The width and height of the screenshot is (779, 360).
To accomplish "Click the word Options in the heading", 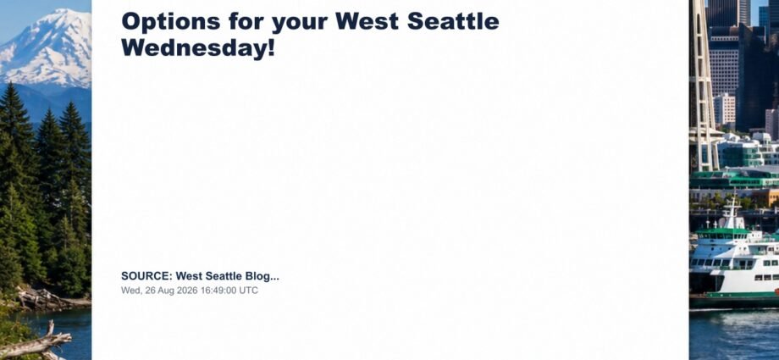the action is (170, 22).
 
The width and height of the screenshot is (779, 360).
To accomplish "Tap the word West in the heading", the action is (367, 21).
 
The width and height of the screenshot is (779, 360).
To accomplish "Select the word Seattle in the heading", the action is (453, 21).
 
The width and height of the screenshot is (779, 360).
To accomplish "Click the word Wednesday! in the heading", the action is (198, 48).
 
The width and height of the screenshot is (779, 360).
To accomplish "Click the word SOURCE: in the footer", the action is (146, 276).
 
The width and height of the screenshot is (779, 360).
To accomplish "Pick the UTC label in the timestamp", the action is (248, 291).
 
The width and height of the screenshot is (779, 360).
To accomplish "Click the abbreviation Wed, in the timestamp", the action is (131, 291).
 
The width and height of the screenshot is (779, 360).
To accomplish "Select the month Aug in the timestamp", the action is (167, 291).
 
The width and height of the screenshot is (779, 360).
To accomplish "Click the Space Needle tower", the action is (704, 85).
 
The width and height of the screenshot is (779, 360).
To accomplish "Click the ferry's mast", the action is (732, 209).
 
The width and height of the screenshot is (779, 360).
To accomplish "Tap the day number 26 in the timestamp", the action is (151, 291).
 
